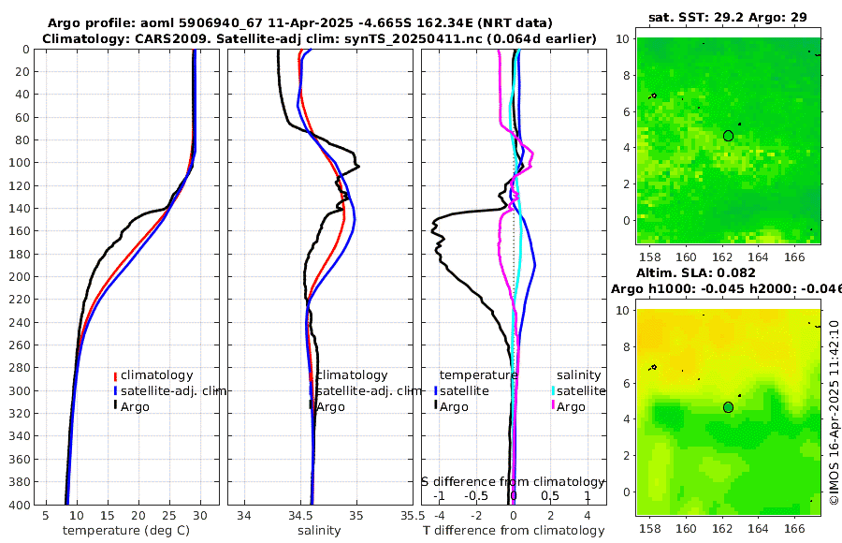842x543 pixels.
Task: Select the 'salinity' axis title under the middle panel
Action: [318, 531]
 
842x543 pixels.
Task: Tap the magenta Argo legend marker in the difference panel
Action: [552, 406]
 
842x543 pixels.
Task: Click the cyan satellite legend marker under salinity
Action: [552, 390]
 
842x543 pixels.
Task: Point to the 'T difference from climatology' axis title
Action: [513, 531]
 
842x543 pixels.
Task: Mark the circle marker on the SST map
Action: [729, 136]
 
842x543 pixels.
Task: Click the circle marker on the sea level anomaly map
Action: [729, 407]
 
